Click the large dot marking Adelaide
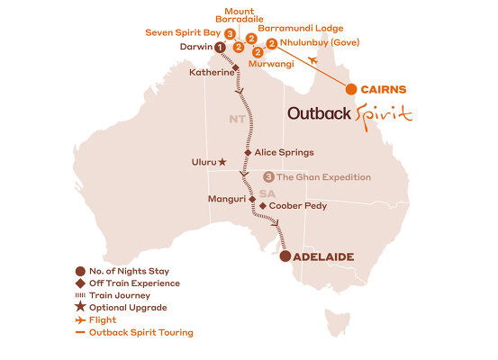pos(285,256)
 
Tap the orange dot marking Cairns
pos(350,89)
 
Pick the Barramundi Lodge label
pos(294,27)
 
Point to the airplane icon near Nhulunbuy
pos(312,60)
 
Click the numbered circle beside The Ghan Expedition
pos(268,177)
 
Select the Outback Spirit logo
pos(349,114)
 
